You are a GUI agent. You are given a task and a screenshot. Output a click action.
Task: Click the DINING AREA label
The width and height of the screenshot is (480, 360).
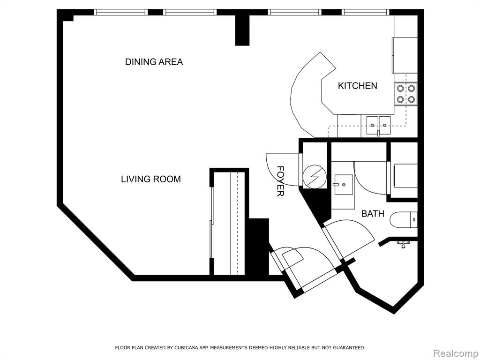(x=154, y=62)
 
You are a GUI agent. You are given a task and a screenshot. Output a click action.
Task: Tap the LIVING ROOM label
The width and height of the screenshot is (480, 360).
(x=151, y=179)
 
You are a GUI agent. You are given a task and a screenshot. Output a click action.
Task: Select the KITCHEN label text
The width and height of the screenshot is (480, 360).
(x=358, y=86)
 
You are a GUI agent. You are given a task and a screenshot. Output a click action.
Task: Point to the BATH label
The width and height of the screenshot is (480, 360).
(x=373, y=213)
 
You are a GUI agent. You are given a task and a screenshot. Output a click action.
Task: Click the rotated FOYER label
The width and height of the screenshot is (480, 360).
(x=280, y=181)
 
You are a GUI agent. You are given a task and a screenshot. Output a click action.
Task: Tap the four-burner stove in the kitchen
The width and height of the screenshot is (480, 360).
(x=405, y=94)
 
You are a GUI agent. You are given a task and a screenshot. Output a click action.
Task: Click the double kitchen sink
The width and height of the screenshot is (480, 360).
(x=379, y=126)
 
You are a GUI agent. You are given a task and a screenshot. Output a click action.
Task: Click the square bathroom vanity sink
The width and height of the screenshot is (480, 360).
(x=343, y=185)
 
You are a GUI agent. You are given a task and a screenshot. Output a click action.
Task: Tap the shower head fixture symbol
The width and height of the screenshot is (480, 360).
(x=404, y=244)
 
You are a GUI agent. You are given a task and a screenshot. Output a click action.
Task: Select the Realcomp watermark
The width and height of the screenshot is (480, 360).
(x=456, y=353)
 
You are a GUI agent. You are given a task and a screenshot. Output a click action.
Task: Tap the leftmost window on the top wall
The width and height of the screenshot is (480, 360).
(x=120, y=12)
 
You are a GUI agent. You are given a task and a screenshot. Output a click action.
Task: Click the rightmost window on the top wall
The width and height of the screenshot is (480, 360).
(x=366, y=12)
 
